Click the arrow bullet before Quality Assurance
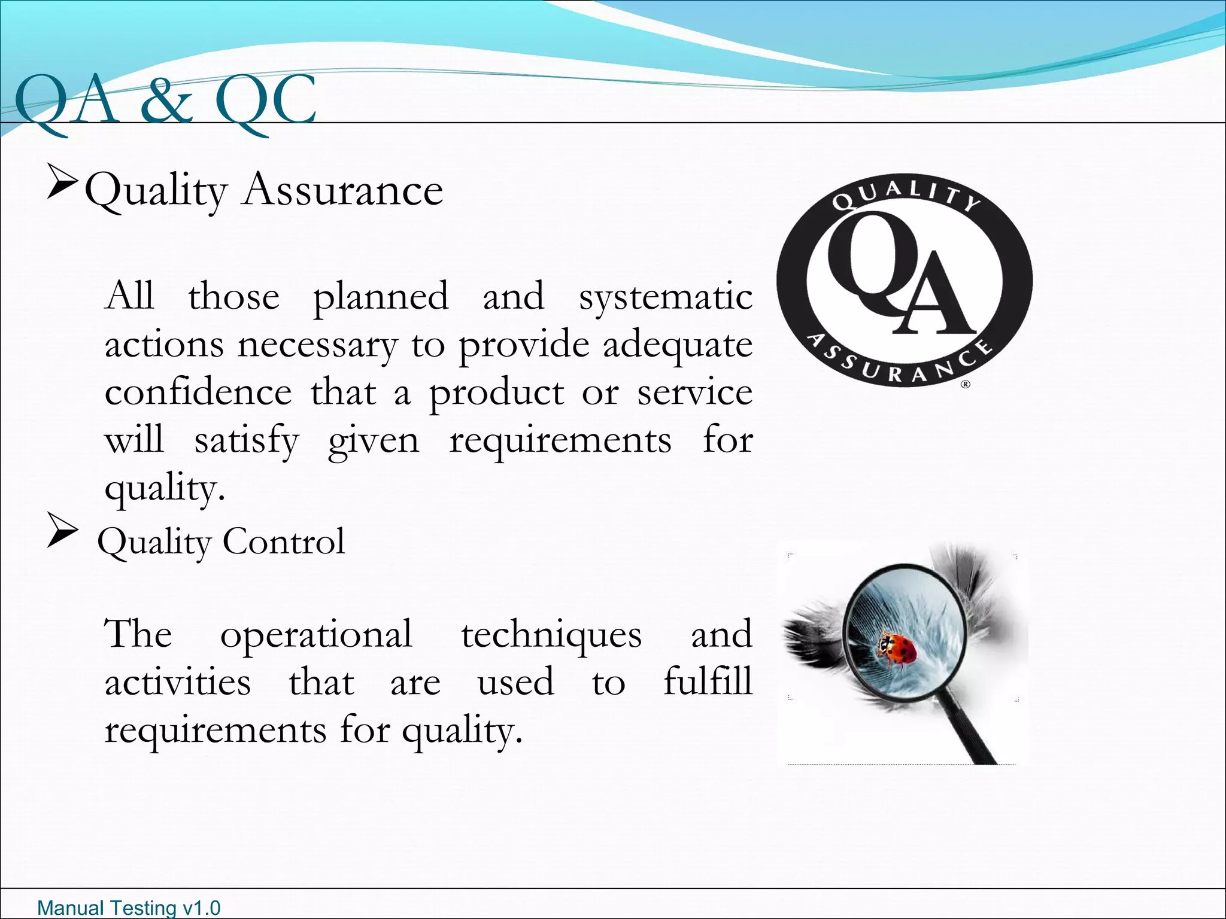tap(62, 184)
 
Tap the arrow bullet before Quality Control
tap(62, 531)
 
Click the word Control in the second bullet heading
tap(284, 541)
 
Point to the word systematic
tap(665, 297)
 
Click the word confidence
tap(198, 393)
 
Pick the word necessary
tap(317, 345)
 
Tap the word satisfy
tap(246, 442)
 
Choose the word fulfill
tap(708, 682)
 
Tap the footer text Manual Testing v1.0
tap(129, 908)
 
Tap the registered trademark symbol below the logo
tap(965, 385)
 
